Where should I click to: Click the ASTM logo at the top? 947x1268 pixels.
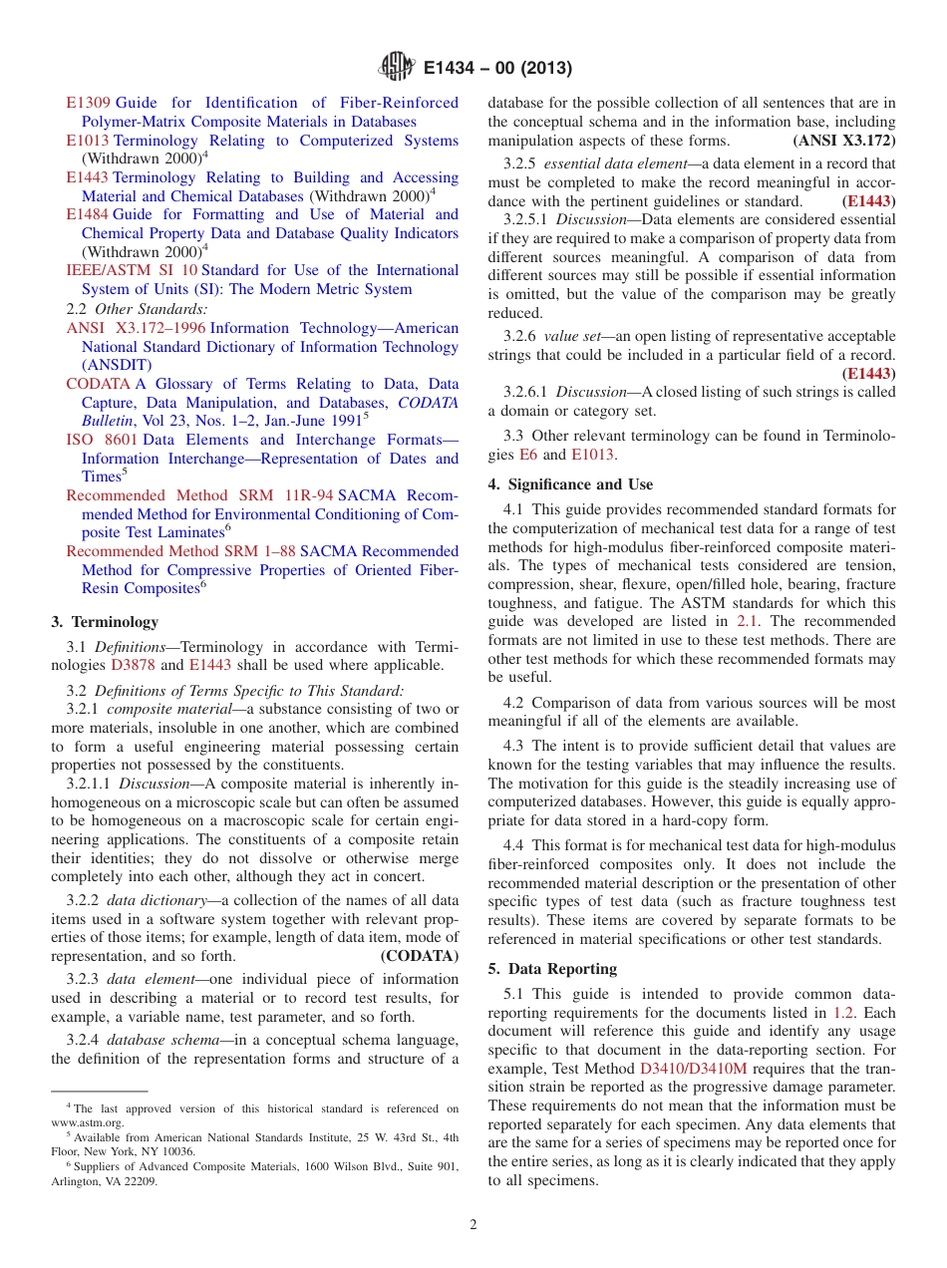pos(397,68)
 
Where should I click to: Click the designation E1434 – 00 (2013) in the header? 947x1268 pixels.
pos(496,69)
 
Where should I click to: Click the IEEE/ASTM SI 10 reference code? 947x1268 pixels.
pos(132,270)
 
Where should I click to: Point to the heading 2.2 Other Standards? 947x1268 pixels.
pos(137,309)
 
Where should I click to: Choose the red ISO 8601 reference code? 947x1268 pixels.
pos(102,440)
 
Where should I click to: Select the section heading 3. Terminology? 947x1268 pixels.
pos(105,622)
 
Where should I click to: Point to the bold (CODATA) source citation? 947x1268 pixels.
pos(419,955)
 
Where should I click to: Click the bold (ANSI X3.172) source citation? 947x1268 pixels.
pos(843,141)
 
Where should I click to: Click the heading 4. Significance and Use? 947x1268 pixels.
pos(570,484)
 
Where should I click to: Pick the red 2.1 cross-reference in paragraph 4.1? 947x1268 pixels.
pos(747,621)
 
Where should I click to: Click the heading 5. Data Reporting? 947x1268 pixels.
pos(552,969)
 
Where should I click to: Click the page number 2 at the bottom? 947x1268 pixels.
pos(473,1225)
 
